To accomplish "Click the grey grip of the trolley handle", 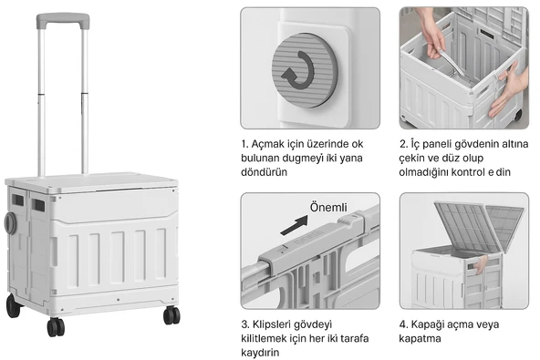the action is tap(63, 20).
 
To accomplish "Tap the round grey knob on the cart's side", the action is tap(10, 223).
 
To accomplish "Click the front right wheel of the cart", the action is tap(171, 315).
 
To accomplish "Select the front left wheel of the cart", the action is tap(56, 327).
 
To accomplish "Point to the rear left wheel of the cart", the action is tap(13, 306).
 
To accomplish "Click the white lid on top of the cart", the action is tap(91, 181).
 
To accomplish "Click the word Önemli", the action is tap(328, 207).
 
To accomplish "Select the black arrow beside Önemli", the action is tap(295, 225).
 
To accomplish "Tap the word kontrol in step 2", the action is tap(468, 172).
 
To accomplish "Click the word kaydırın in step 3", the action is tap(260, 353).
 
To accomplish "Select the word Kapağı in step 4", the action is tap(428, 324).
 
